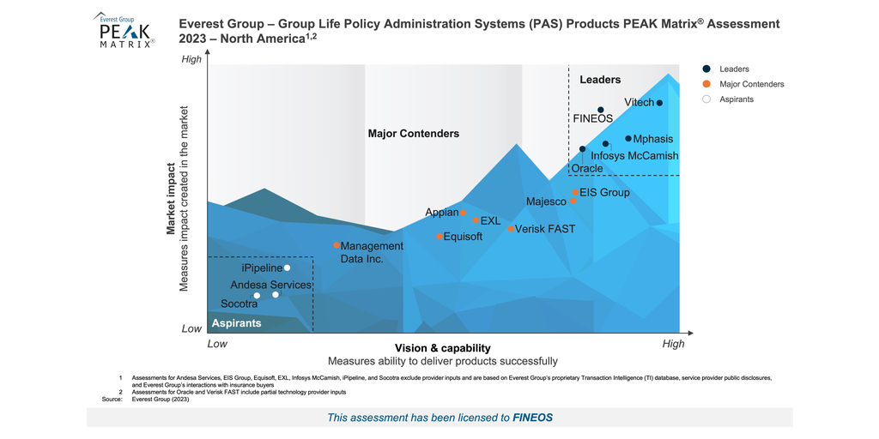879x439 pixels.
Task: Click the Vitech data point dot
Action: click(659, 103)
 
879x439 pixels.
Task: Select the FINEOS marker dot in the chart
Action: click(601, 110)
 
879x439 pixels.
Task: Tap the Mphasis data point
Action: click(628, 138)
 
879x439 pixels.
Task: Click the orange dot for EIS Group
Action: click(575, 193)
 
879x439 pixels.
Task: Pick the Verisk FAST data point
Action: click(511, 229)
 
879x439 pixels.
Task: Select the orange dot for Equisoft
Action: click(439, 237)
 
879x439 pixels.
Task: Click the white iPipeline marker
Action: click(287, 268)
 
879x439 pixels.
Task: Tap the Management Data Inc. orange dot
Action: click(336, 245)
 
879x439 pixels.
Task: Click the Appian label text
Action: click(441, 213)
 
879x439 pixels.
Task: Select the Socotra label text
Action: click(239, 304)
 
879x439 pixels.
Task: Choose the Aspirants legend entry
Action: click(735, 99)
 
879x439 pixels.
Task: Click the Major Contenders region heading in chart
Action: click(413, 134)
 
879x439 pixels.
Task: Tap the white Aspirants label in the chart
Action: click(236, 323)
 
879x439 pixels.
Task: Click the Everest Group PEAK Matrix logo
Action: click(124, 31)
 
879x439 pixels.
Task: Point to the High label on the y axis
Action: click(191, 59)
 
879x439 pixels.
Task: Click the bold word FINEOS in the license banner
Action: click(532, 418)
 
